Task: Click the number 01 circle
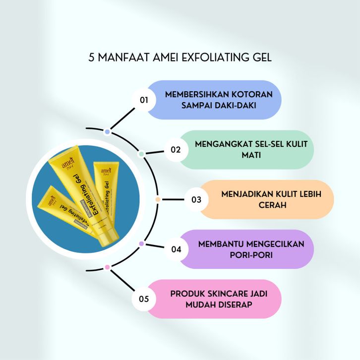(x=144, y=100)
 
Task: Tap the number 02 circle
(x=176, y=149)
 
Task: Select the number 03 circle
(x=196, y=200)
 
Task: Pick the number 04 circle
(x=177, y=249)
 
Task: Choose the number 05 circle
(x=144, y=299)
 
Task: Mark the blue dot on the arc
(x=108, y=132)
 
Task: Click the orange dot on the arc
(x=158, y=200)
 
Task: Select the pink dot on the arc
(x=107, y=267)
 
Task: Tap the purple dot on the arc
(x=141, y=243)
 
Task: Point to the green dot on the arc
(x=141, y=154)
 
